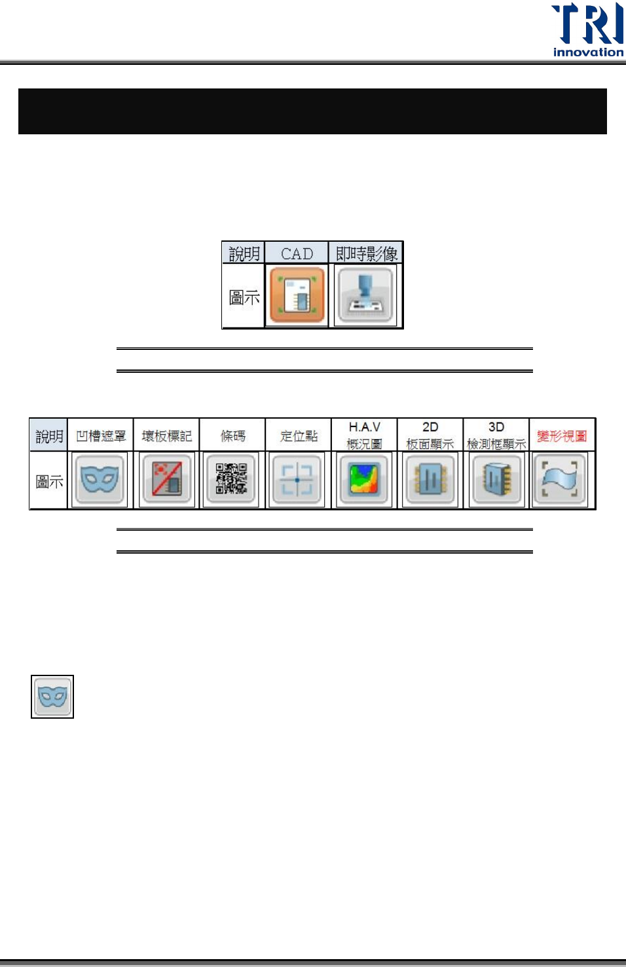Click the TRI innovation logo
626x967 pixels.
587,29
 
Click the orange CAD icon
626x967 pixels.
297,295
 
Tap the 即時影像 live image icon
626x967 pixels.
365,295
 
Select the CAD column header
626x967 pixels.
297,254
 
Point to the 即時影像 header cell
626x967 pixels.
366,254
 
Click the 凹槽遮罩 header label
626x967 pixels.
101,436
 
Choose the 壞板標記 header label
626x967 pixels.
166,436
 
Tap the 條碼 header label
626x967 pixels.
232,436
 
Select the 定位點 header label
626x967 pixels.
299,436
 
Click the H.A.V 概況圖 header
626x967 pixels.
364,435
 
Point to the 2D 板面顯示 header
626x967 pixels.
430,435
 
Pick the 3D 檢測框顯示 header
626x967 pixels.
496,435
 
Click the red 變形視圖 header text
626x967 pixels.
562,436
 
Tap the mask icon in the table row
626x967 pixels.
100,480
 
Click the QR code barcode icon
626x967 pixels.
232,480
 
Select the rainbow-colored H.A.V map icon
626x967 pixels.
364,480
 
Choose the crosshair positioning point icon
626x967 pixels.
297,480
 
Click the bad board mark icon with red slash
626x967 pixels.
166,480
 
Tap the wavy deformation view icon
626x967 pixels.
560,480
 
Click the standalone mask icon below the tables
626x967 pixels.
52,696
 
